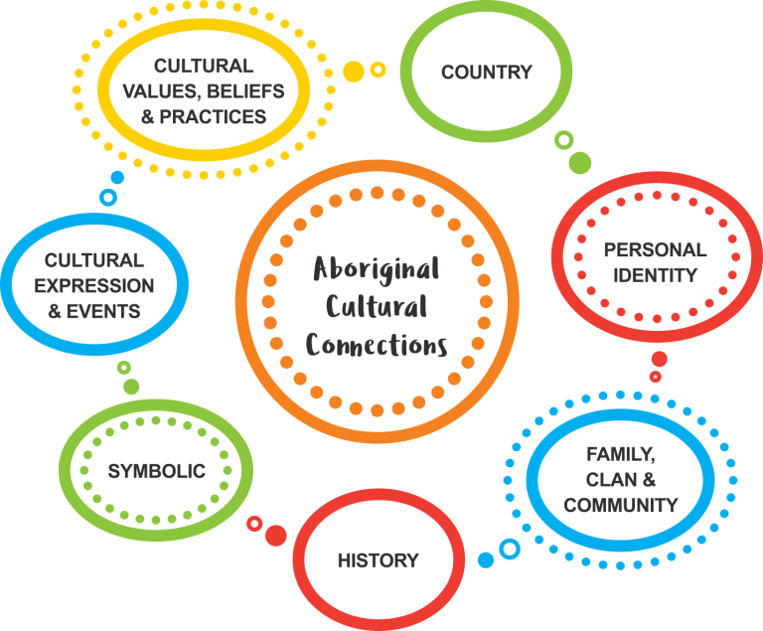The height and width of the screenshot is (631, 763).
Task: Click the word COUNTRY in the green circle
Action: [x=487, y=73]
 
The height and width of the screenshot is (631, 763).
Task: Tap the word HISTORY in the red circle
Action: [x=378, y=560]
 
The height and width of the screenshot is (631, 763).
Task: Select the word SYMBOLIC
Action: [x=157, y=471]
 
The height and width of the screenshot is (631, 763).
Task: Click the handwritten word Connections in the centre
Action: [x=377, y=345]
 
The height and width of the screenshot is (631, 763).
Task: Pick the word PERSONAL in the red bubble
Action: [x=655, y=250]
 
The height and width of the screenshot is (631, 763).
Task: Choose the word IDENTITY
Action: [x=655, y=274]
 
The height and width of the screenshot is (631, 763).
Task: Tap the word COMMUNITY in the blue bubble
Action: [x=620, y=505]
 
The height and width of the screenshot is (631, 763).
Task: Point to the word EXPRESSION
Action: [x=98, y=286]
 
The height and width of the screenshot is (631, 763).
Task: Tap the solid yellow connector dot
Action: [x=354, y=72]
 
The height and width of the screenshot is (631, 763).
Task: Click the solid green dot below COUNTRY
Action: [x=580, y=162]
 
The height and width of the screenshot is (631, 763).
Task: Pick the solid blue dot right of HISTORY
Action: [x=486, y=560]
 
